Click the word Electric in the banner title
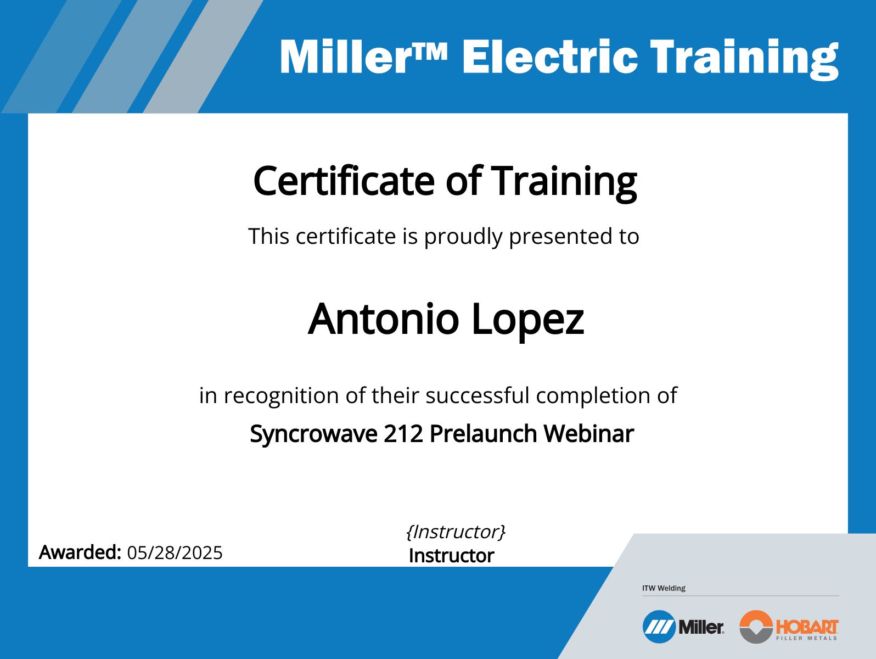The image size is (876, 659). [549, 57]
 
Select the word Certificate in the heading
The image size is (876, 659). [344, 181]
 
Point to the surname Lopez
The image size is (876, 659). [527, 320]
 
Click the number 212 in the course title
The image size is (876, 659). [403, 434]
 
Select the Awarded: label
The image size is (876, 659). [80, 552]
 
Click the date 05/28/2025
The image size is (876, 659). [175, 552]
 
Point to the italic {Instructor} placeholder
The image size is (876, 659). [455, 532]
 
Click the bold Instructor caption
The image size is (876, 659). [451, 556]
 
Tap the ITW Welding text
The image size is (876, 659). [664, 588]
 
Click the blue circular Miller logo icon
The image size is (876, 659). [659, 627]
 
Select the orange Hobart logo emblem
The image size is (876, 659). [756, 627]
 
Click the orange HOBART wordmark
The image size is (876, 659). [807, 626]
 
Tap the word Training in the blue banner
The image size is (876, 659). [744, 58]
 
